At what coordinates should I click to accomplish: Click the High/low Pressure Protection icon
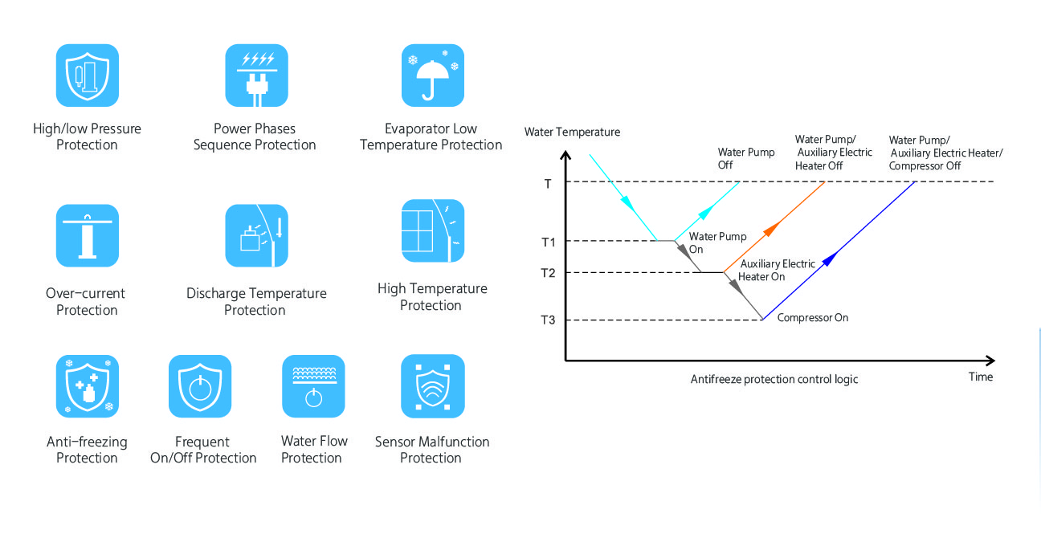point(88,75)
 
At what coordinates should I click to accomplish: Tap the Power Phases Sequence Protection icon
point(256,75)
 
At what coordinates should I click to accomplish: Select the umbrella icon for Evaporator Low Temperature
point(433,75)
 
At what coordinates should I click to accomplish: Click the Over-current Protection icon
point(88,235)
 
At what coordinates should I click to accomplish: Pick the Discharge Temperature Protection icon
point(256,235)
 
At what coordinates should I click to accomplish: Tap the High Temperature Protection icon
point(433,230)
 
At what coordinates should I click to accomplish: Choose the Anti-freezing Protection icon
point(88,386)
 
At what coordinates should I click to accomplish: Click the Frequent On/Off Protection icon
point(200,386)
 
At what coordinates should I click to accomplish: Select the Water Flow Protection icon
point(313,386)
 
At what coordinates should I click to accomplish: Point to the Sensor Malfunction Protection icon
point(433,386)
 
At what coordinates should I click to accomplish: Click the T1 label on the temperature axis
point(549,242)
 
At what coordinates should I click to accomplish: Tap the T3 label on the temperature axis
point(548,320)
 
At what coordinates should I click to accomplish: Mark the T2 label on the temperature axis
point(548,273)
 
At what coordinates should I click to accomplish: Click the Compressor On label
point(813,318)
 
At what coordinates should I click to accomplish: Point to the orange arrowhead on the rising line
point(771,229)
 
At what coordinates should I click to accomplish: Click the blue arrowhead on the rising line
point(830,259)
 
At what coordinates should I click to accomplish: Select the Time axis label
point(981,377)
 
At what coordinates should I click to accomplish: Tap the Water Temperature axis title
point(572,132)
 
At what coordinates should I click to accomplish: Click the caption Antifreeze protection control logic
point(774,380)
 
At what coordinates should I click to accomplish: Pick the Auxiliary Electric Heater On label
point(777,271)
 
